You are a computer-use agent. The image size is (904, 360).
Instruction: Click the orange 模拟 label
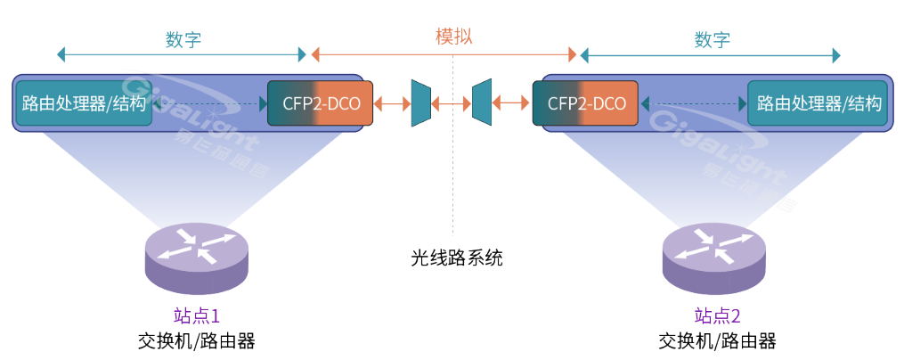(453, 37)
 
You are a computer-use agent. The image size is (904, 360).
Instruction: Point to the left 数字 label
(183, 39)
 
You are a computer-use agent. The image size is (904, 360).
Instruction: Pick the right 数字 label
(712, 39)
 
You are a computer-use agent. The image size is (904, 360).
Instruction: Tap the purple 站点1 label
(196, 315)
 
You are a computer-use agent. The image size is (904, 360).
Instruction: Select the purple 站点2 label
(717, 315)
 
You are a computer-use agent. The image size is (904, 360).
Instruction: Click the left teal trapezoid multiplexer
(420, 103)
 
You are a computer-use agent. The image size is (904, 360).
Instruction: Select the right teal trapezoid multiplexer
(482, 103)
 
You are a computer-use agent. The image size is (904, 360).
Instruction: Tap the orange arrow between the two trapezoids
(452, 103)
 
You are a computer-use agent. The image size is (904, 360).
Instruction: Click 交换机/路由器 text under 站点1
(196, 341)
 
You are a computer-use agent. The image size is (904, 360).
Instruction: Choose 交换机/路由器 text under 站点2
(717, 341)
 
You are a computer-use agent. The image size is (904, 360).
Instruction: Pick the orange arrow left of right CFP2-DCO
(512, 103)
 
